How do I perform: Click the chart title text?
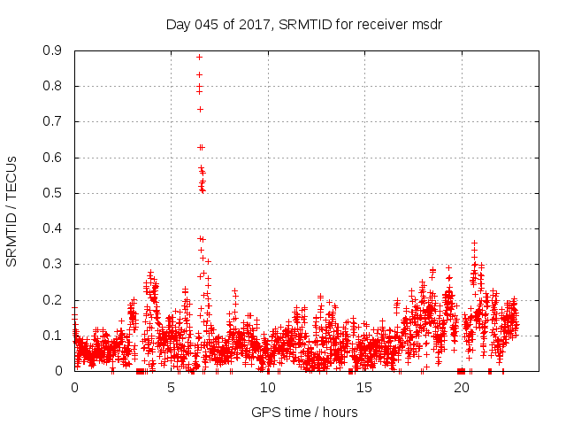(x=304, y=25)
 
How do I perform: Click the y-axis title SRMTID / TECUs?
(x=11, y=211)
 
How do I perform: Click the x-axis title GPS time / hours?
(x=304, y=412)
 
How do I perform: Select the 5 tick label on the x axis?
(x=172, y=388)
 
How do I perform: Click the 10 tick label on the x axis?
(x=268, y=388)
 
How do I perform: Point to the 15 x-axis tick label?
(x=364, y=388)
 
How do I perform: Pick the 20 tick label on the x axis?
(x=461, y=388)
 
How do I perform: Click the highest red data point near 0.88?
(x=199, y=58)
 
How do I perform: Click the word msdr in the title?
(x=427, y=25)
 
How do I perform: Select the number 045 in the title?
(x=206, y=25)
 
